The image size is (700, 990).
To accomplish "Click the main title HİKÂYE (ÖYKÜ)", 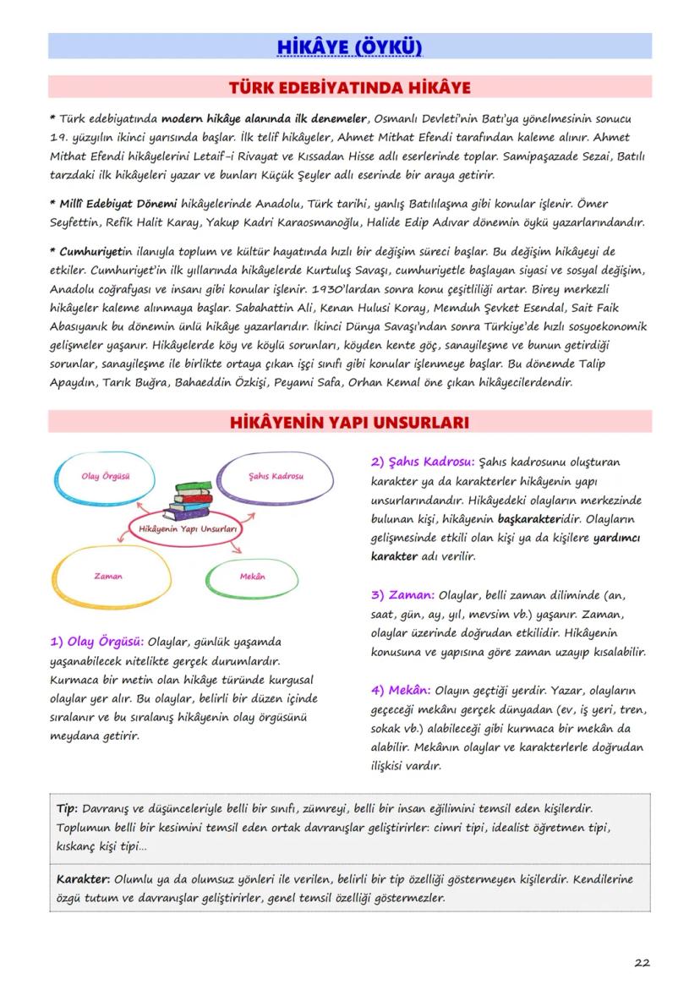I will pos(349,46).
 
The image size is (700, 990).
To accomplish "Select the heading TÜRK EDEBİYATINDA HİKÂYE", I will pos(349,87).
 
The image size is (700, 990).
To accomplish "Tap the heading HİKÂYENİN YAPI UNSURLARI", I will pos(349,421).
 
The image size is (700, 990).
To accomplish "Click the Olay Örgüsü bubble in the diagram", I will pos(106,477).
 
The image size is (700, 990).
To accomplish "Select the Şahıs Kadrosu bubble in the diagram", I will pos(276,477).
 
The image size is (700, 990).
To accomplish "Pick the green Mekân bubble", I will pos(252,576).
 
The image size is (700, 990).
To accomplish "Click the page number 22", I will pos(642,962).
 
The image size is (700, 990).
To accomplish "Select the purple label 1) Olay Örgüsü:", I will pos(96,641).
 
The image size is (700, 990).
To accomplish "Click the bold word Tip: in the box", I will pos(67,807).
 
